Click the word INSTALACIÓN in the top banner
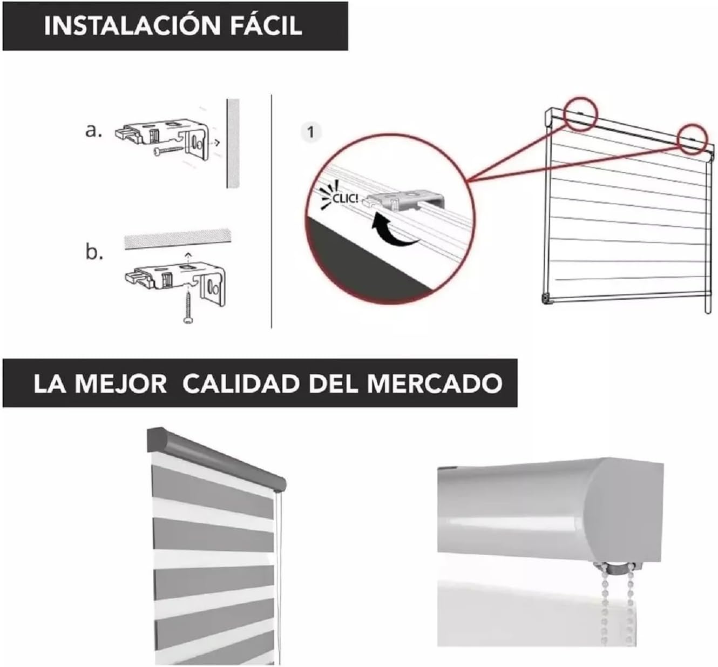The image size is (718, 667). point(132,26)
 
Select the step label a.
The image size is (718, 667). point(93,131)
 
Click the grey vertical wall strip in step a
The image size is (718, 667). point(233,143)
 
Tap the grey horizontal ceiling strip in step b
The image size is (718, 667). point(178,239)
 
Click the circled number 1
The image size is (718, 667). point(310,132)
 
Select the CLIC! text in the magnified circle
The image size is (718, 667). point(346,199)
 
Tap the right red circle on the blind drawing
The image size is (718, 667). point(692,139)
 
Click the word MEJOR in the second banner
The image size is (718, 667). point(120,384)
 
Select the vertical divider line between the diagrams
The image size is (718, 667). point(272,212)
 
